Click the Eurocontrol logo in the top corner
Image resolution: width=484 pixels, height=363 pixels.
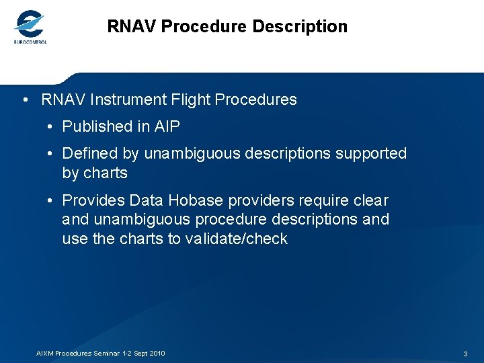click(x=30, y=28)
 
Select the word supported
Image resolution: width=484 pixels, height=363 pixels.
click(x=368, y=153)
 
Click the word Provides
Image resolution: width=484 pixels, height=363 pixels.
click(x=93, y=200)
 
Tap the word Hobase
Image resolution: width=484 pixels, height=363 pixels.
click(x=196, y=200)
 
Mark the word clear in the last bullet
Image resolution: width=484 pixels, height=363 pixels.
click(x=370, y=200)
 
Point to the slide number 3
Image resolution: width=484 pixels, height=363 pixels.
click(x=465, y=354)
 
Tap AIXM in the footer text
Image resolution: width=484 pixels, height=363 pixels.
click(x=44, y=354)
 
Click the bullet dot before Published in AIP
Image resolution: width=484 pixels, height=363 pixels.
click(x=50, y=127)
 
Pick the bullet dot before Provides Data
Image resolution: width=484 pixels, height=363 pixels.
click(x=50, y=201)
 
